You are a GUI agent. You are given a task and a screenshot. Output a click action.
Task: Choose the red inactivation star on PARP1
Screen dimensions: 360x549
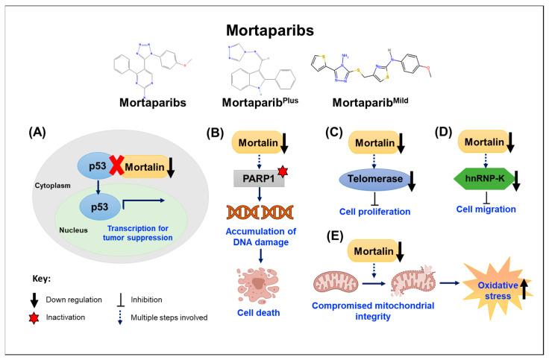pos(280,174)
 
